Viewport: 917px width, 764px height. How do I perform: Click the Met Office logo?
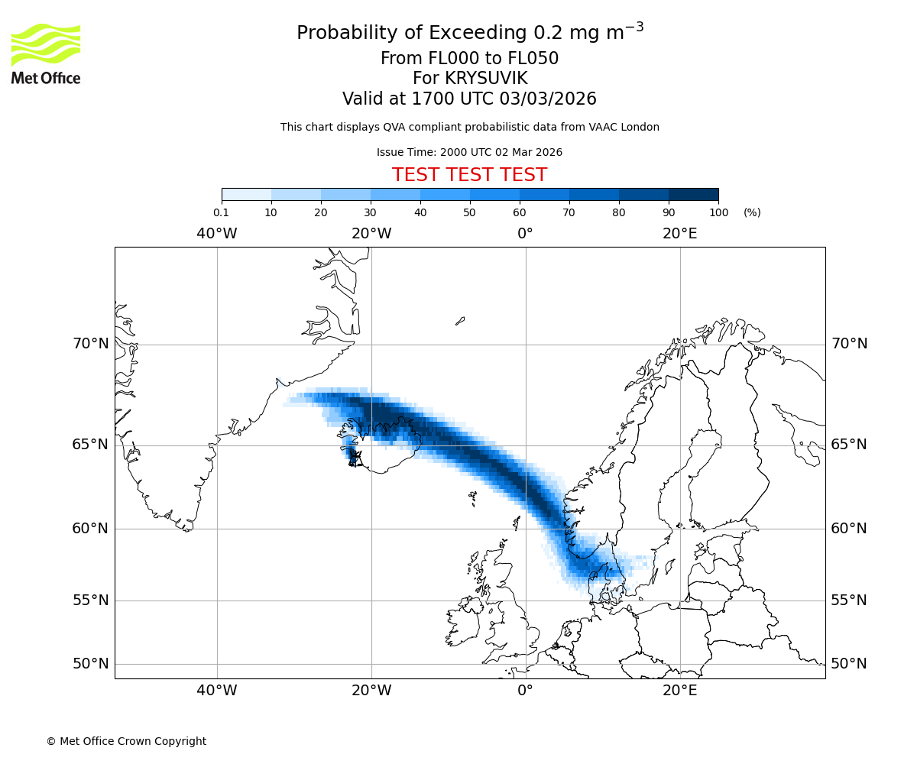click(46, 53)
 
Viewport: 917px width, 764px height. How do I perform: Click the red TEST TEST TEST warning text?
click(469, 175)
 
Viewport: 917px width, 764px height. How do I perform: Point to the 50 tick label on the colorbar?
click(469, 212)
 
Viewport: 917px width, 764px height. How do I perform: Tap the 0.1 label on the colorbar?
click(222, 212)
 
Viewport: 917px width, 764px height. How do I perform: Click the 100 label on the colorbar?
click(718, 212)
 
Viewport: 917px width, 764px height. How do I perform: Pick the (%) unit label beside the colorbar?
click(752, 212)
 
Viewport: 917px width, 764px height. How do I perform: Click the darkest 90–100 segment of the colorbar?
click(693, 194)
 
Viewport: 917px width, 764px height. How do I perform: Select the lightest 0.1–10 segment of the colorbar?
click(246, 194)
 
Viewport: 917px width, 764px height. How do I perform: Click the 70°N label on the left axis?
click(91, 344)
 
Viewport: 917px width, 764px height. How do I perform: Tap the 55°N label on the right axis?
click(849, 601)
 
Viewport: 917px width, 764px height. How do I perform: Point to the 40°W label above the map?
click(216, 234)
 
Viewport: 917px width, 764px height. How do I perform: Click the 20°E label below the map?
click(679, 691)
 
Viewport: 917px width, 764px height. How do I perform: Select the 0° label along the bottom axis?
click(525, 691)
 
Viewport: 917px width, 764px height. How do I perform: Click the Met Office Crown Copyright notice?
click(126, 741)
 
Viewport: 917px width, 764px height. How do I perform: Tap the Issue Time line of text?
click(469, 152)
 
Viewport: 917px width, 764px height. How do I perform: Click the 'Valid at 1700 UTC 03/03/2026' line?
click(469, 99)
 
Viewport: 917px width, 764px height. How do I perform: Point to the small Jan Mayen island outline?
click(460, 321)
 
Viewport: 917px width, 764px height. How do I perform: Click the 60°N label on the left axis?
click(91, 529)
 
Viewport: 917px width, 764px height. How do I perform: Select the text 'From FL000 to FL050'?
click(469, 59)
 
